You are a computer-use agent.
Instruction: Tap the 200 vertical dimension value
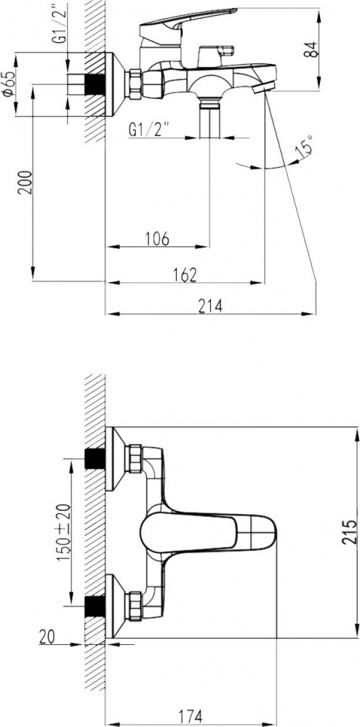(26, 182)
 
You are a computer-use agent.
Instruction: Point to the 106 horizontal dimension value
(156, 239)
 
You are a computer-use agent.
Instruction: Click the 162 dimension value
(185, 275)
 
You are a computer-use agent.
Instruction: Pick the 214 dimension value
(211, 306)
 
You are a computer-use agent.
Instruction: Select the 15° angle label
(304, 145)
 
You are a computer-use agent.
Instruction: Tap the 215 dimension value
(351, 532)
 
